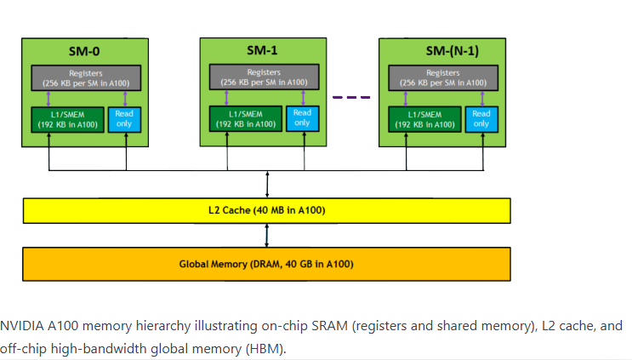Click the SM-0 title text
pyautogui.click(x=84, y=52)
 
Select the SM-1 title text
pyautogui.click(x=262, y=50)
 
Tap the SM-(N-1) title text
pyautogui.click(x=453, y=51)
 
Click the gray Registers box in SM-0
pyautogui.click(x=86, y=77)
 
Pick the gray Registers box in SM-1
pyautogui.click(x=264, y=77)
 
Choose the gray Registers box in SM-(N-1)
pyautogui.click(x=443, y=77)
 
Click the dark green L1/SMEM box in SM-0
pyautogui.click(x=68, y=119)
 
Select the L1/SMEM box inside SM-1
pyautogui.click(x=246, y=118)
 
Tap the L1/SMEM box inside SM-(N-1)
pyautogui.click(x=424, y=119)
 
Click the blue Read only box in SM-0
pyautogui.click(x=124, y=119)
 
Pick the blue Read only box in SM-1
pyautogui.click(x=303, y=118)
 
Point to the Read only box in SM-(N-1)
pyautogui.click(x=481, y=119)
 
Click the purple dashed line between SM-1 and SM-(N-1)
pyautogui.click(x=351, y=97)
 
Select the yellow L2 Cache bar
pyautogui.click(x=267, y=210)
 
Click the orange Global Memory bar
pyautogui.click(x=266, y=264)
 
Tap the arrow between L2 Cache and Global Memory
pyautogui.click(x=266, y=236)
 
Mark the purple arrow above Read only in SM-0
pyautogui.click(x=125, y=99)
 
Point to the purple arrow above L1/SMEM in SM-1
pyautogui.click(x=226, y=98)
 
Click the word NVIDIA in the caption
pyautogui.click(x=22, y=326)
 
